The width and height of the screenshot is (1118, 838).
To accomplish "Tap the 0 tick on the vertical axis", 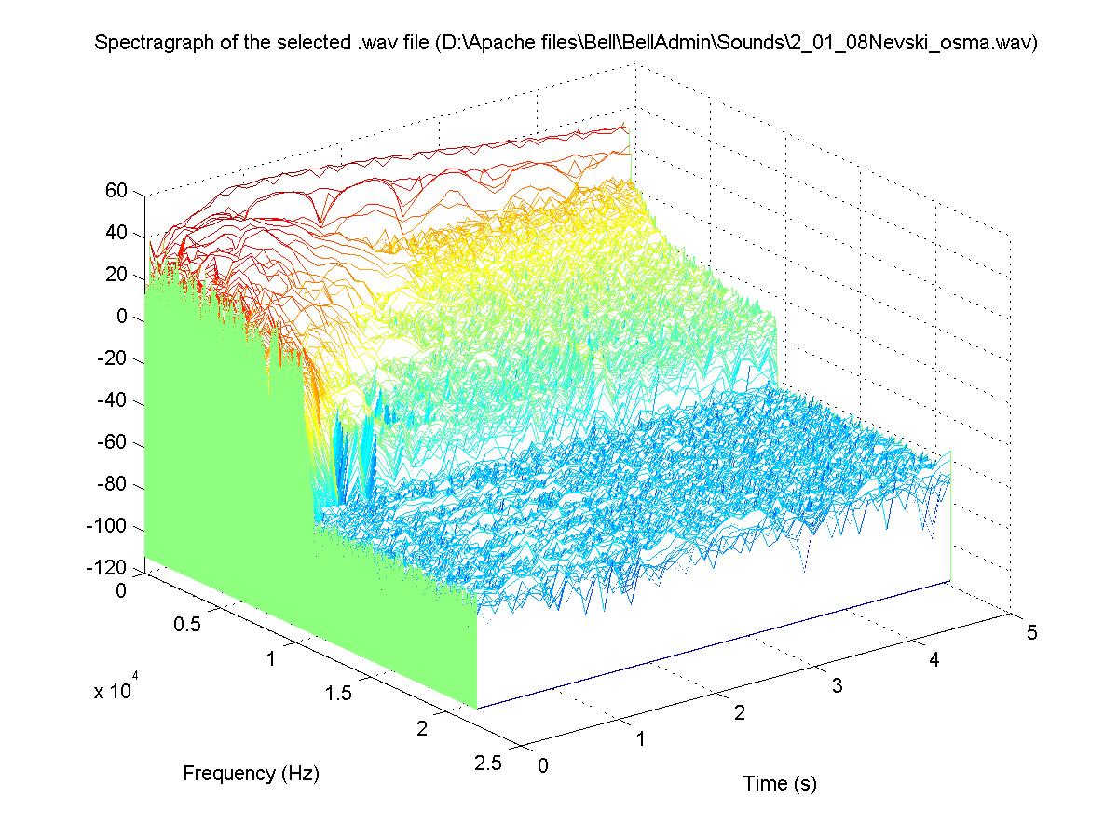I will pos(122,318).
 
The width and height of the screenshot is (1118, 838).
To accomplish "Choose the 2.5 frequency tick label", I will pos(488,763).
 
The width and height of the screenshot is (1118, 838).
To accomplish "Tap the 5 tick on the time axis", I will pos(1031,633).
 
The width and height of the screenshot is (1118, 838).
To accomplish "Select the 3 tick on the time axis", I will pos(837,686).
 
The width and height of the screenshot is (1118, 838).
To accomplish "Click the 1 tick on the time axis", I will pos(641,739).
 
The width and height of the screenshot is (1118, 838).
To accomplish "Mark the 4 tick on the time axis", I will pos(934,660).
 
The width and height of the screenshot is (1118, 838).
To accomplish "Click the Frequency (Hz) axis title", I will pos(251,773).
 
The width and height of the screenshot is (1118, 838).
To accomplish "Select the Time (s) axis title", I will pos(780,784).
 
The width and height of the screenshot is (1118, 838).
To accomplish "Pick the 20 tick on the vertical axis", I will pos(116,275).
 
